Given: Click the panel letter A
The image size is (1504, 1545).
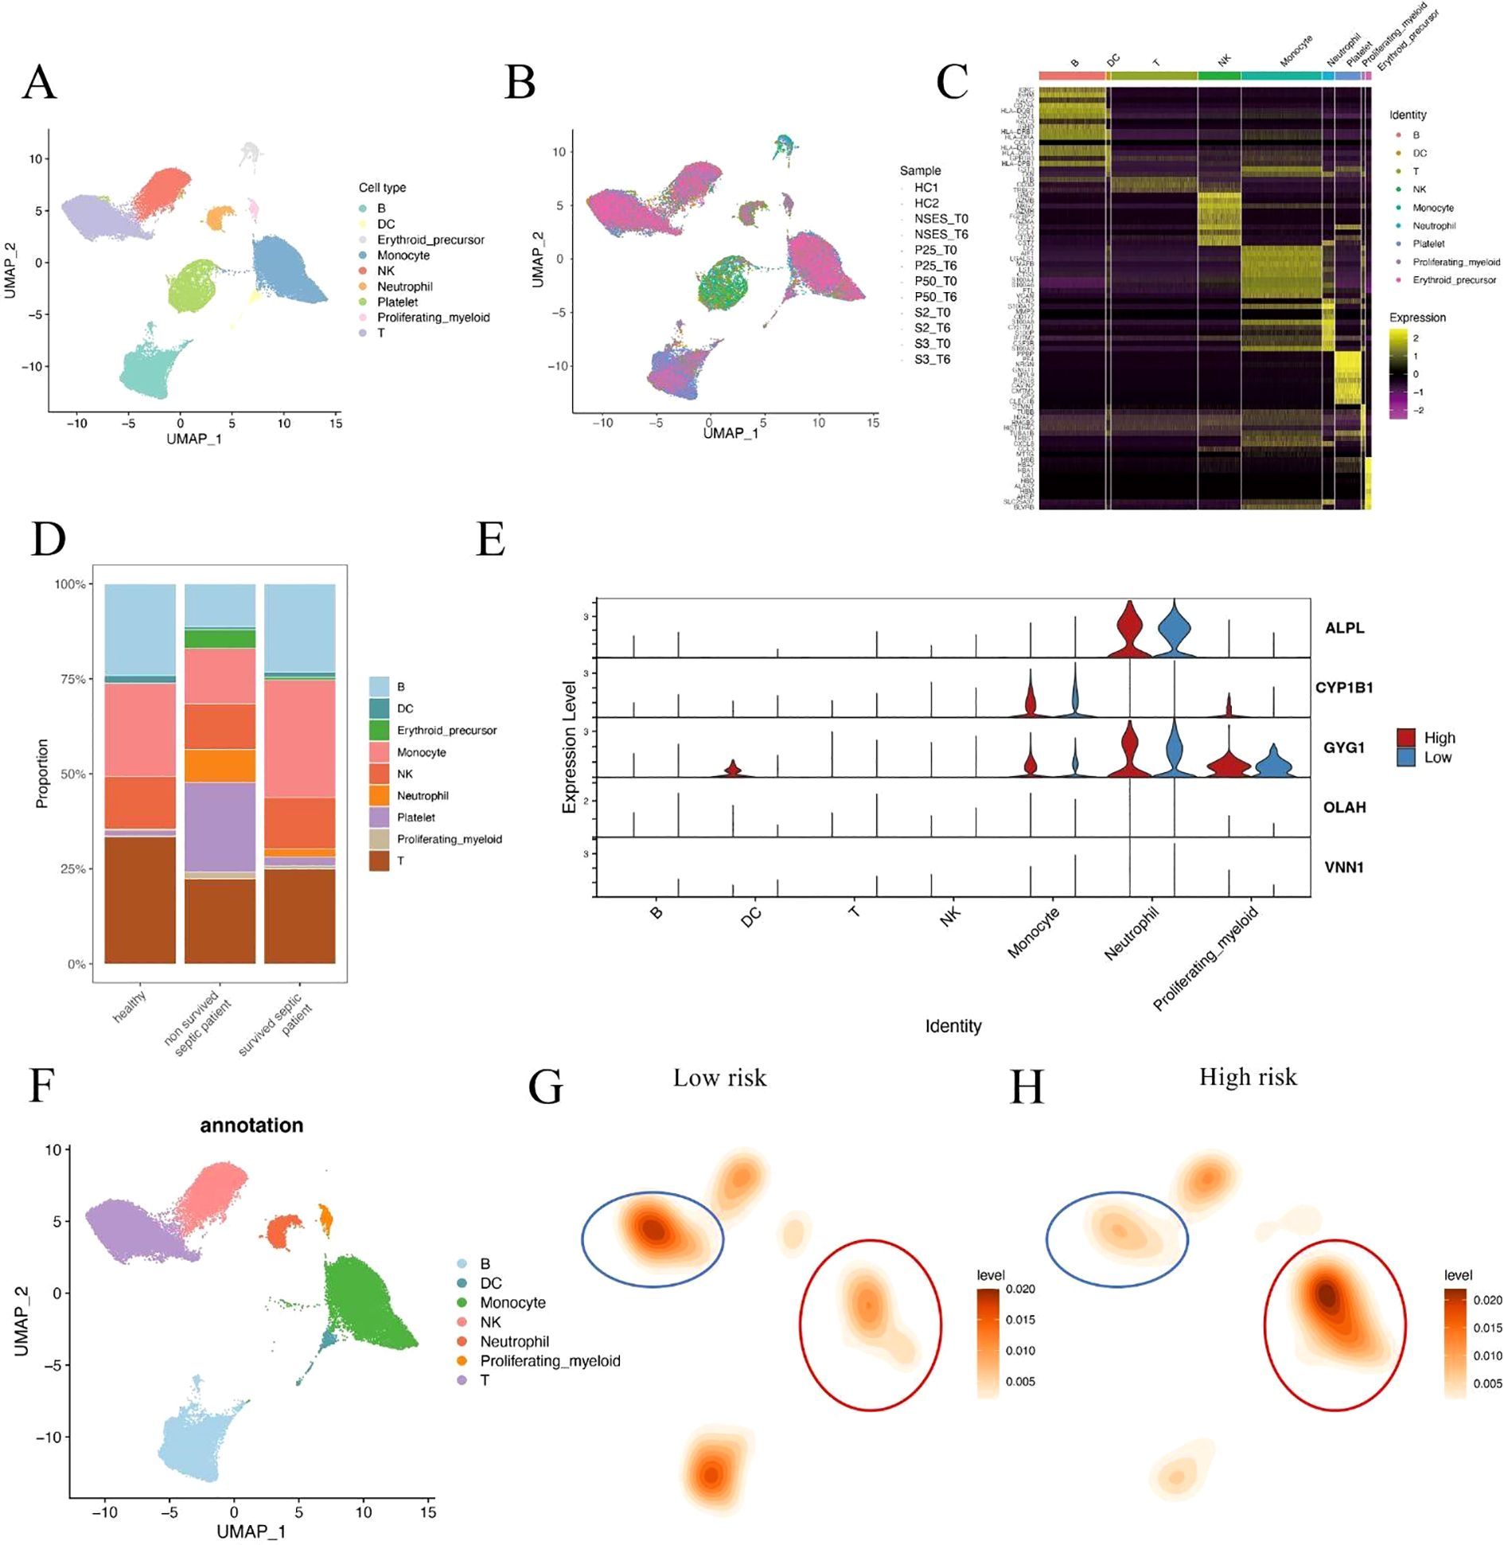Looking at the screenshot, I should (x=40, y=82).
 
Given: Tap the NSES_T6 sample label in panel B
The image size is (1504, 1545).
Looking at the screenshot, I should (x=941, y=234).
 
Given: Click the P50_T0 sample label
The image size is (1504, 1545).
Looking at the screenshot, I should (x=935, y=281).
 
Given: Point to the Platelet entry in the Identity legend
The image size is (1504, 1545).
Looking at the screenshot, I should (x=1428, y=244).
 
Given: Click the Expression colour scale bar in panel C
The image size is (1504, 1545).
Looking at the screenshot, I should (x=1398, y=373).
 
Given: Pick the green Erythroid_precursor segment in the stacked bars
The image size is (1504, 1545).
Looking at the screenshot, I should (x=220, y=638).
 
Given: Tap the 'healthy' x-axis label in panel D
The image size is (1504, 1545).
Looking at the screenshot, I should (x=130, y=1007).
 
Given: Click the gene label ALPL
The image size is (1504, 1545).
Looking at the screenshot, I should (x=1344, y=628).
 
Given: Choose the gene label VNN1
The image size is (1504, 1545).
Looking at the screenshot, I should (x=1344, y=867).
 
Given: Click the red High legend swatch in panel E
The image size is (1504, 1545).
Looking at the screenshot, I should (x=1406, y=738).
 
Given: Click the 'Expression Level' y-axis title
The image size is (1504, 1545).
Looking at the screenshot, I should (x=569, y=747).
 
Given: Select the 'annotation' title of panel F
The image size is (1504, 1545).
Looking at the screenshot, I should (x=251, y=1125).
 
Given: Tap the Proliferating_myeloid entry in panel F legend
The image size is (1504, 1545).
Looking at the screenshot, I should (x=549, y=1360).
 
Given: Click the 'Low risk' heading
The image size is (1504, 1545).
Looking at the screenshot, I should (x=719, y=1078).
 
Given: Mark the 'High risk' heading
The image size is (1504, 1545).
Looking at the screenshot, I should (x=1247, y=1077).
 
